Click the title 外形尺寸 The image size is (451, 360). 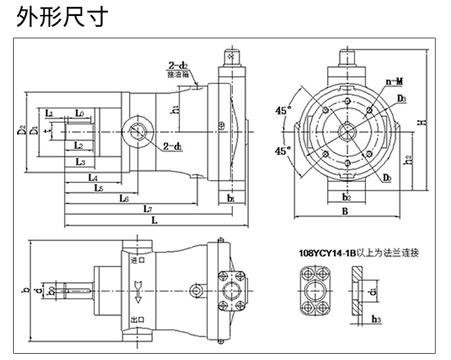pos(62,18)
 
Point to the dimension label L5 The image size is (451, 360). pos(98,187)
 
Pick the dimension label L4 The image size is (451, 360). pos(93,178)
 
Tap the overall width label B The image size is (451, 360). pos(345,211)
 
